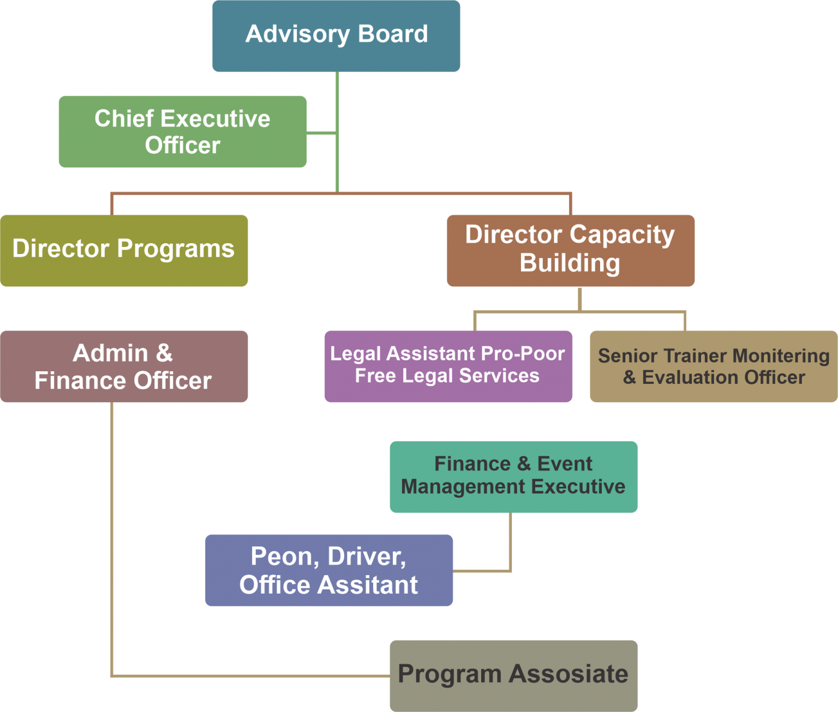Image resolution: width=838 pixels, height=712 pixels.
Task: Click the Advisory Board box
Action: tap(336, 36)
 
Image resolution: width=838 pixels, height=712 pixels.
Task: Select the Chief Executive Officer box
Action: tap(182, 131)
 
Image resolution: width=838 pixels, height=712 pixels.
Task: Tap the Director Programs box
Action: tap(124, 250)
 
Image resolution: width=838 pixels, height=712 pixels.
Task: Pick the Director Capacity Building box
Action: tap(570, 250)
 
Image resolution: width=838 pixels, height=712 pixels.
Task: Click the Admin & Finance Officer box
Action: tap(124, 366)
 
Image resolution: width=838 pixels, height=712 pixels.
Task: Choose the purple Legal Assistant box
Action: tap(448, 366)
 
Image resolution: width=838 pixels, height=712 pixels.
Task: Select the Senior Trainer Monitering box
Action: tap(714, 366)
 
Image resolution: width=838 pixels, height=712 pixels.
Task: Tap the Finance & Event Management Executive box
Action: tap(513, 477)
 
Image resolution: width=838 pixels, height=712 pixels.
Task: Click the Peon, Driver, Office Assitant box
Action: tap(329, 570)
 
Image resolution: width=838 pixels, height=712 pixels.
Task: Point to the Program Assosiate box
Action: tap(513, 675)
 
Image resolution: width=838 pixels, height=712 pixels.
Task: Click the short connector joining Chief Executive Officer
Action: tap(321, 133)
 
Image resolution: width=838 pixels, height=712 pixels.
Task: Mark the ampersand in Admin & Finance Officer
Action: tap(164, 353)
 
